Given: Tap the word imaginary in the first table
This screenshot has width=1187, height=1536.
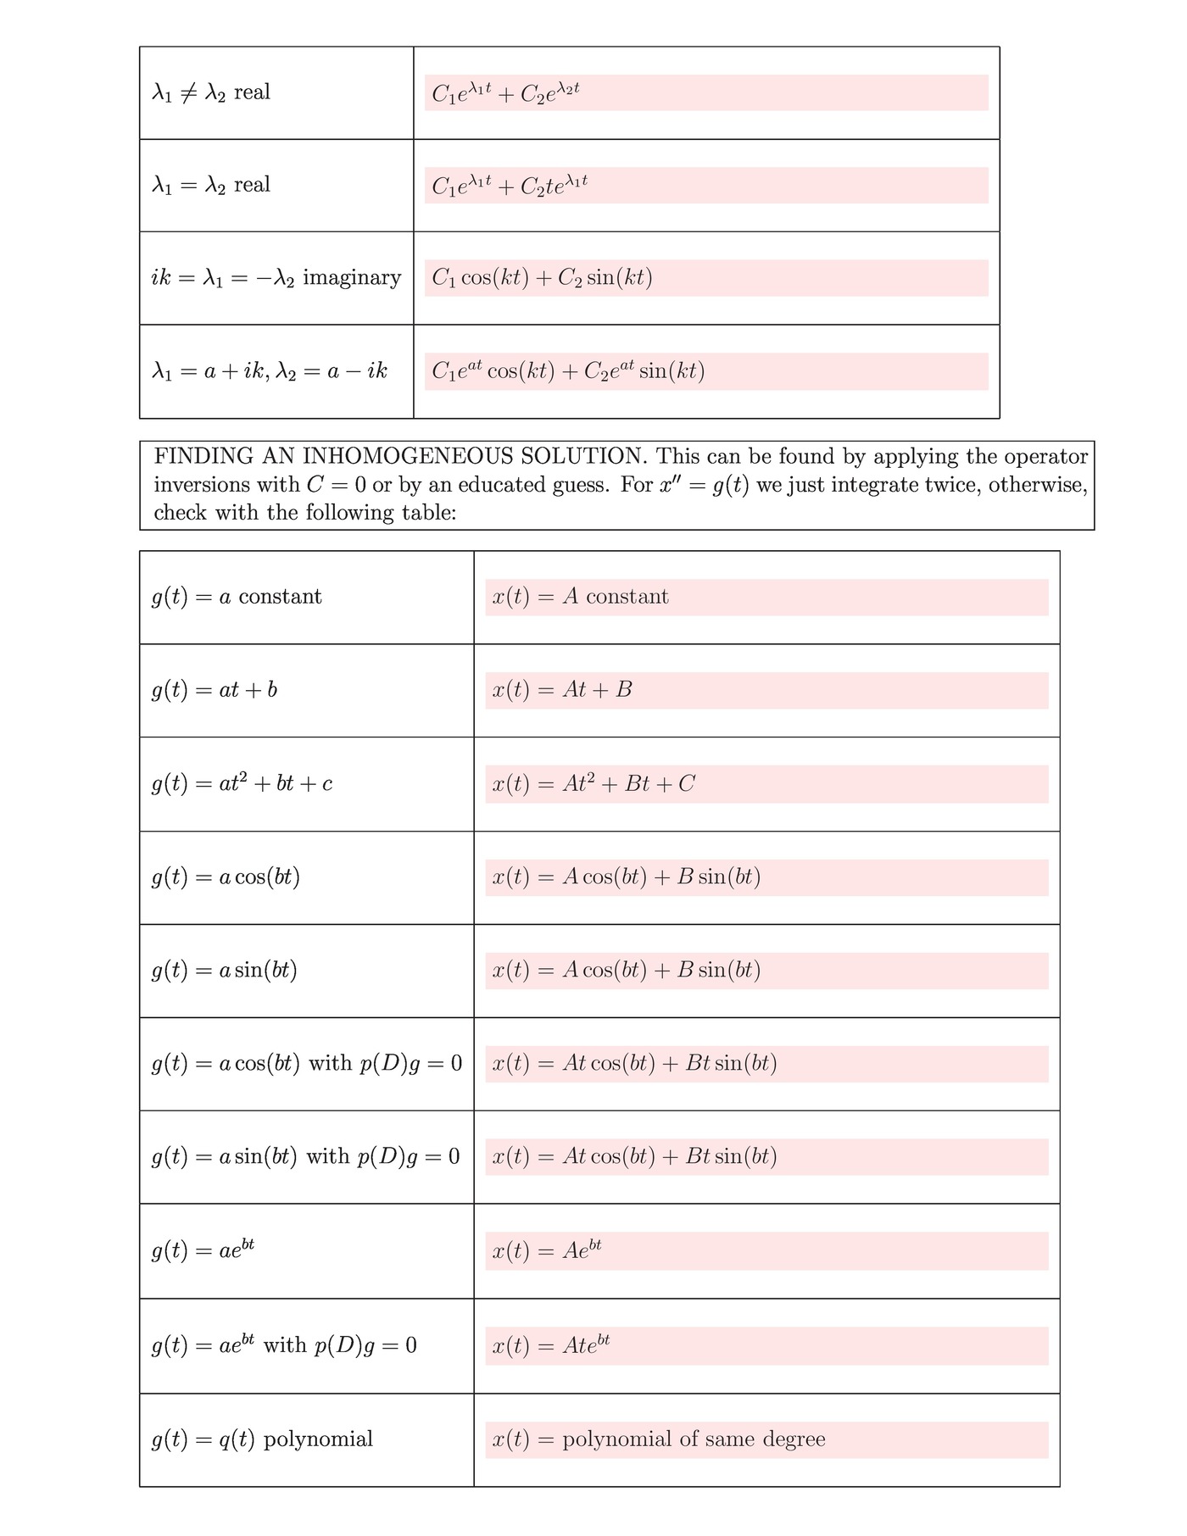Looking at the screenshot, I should point(352,278).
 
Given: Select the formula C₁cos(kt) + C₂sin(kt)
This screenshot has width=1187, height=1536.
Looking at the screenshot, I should point(542,278).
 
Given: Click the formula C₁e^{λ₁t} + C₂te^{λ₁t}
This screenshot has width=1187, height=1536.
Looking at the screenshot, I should point(510,186).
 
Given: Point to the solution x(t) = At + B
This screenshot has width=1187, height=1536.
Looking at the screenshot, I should point(562,690).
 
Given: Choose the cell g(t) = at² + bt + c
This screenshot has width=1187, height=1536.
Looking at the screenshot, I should point(242,783).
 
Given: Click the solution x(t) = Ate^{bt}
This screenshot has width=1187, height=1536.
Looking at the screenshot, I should point(551,1346).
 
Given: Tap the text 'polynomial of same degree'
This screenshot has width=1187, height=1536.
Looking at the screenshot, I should point(694,1439).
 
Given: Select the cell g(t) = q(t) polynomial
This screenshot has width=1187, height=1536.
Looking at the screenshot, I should point(262,1439).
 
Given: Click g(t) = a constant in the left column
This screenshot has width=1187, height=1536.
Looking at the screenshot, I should point(237,597).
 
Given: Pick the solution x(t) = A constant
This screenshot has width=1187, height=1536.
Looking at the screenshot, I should point(580,597).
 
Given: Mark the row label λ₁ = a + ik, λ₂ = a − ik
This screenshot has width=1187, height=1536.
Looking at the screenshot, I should point(270,371).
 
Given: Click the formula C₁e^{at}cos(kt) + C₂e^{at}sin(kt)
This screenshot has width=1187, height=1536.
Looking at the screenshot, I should point(568,371).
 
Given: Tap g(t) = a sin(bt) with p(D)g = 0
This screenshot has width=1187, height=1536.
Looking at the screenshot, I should point(305,1157).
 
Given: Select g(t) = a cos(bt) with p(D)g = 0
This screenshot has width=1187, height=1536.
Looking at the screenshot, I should point(307,1064).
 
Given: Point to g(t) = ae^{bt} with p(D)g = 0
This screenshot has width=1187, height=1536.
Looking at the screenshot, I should point(284,1346).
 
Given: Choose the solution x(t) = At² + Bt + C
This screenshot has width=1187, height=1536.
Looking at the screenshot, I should point(593,783).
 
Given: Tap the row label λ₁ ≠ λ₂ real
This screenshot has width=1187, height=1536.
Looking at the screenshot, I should point(211,92).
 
